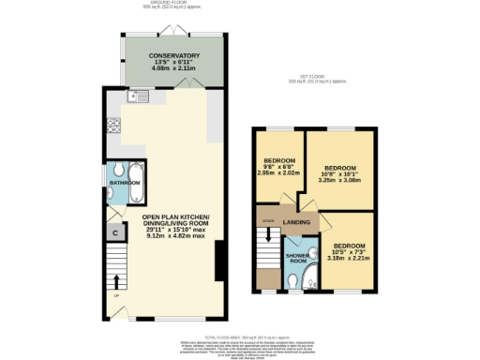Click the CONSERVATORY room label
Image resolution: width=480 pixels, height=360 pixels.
click(x=174, y=56)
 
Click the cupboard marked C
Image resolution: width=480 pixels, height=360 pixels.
click(x=115, y=232)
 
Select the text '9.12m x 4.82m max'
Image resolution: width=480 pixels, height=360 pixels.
click(x=175, y=236)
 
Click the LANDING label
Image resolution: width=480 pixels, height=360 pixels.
click(x=297, y=222)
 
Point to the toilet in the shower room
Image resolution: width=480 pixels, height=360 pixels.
click(x=295, y=277)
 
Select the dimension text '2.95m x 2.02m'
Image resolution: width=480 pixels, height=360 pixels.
click(x=278, y=172)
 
